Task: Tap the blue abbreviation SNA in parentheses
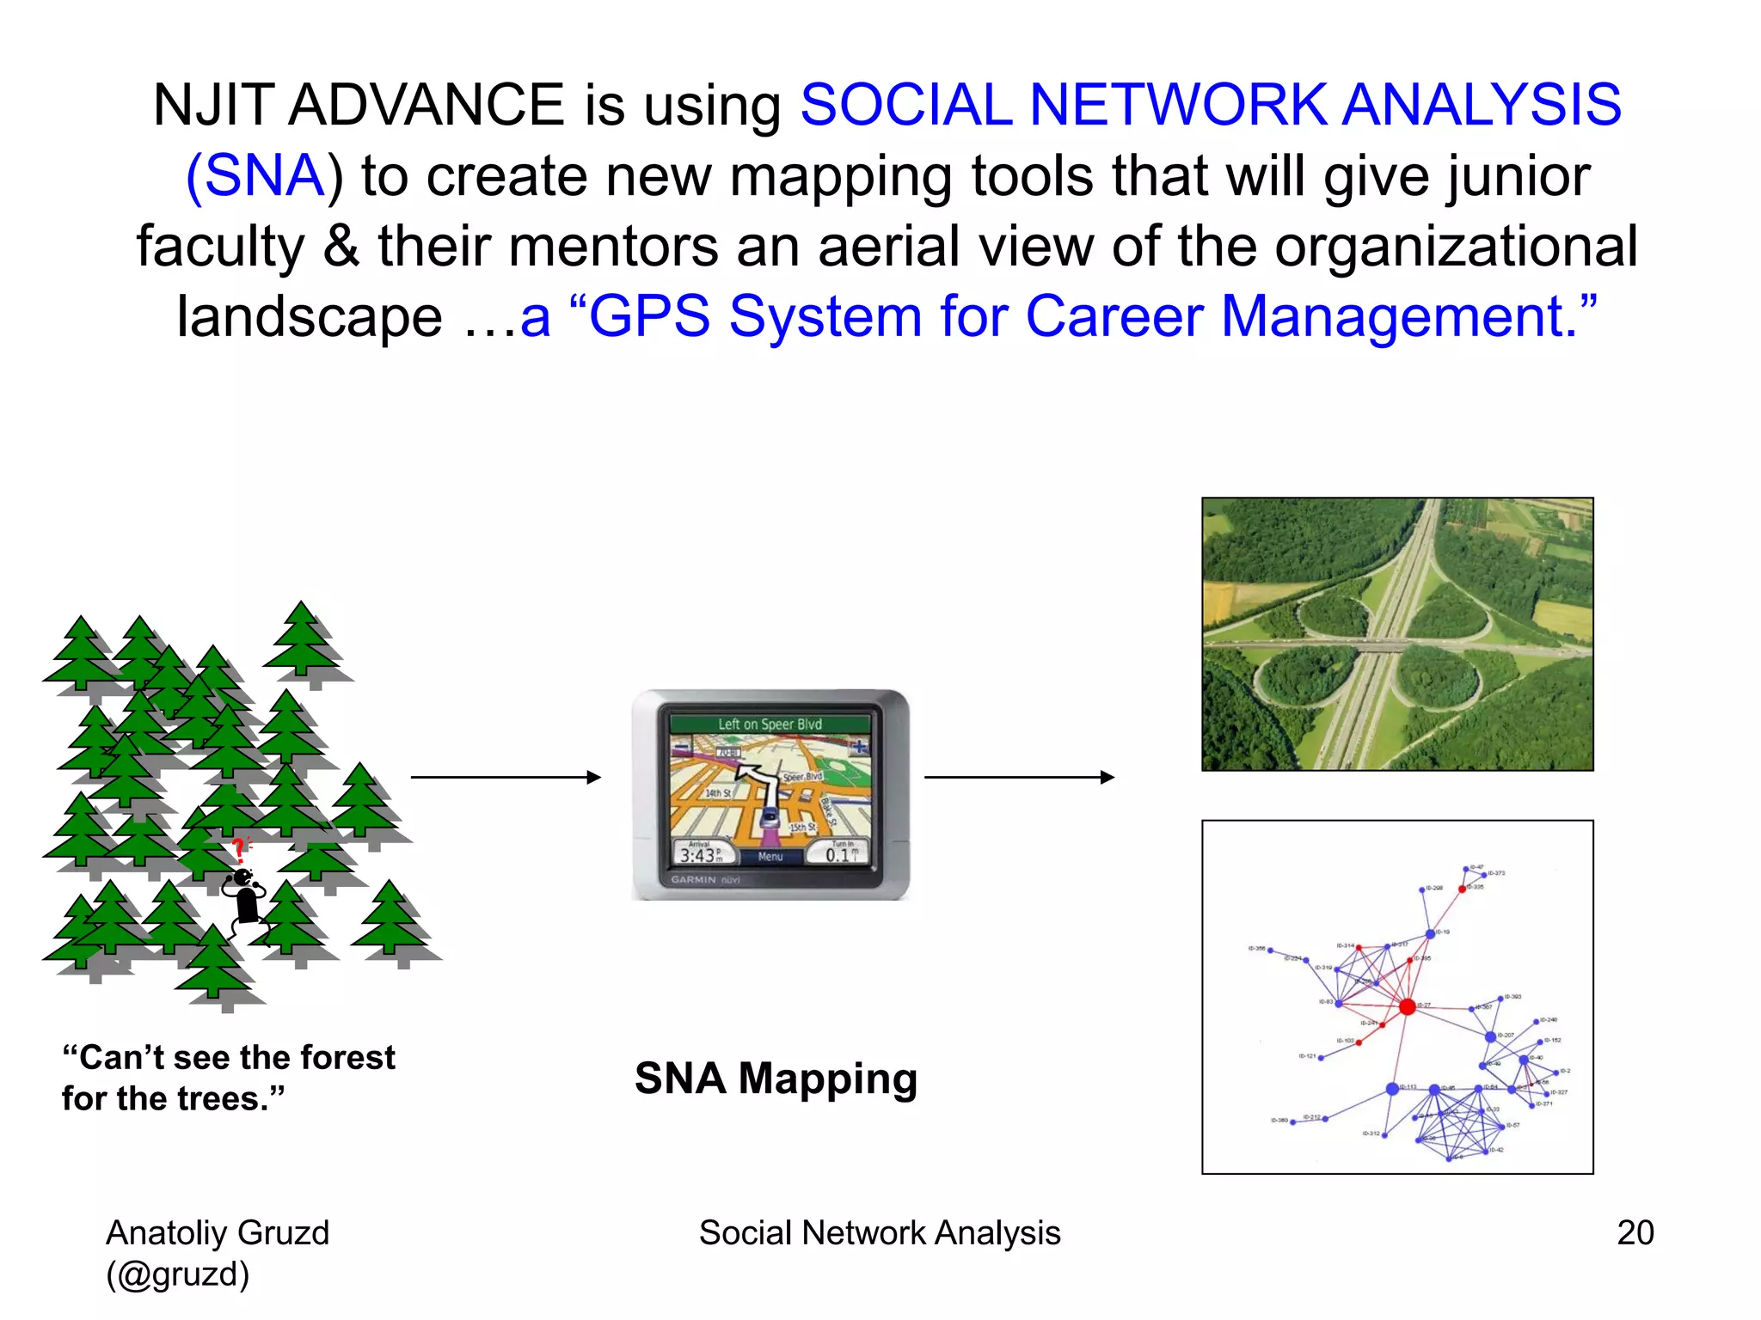point(264,176)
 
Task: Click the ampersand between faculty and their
point(341,247)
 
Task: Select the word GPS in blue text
point(649,316)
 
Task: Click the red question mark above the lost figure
point(239,850)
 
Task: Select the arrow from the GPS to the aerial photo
point(1019,777)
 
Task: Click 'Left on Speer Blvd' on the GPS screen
point(770,724)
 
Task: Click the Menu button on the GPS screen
point(770,857)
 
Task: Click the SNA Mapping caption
point(776,1078)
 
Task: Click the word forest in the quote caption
point(343,1058)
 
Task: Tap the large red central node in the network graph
point(1407,1006)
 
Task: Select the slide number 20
point(1635,1232)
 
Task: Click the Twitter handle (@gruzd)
point(178,1274)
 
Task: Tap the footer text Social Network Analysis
point(880,1232)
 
